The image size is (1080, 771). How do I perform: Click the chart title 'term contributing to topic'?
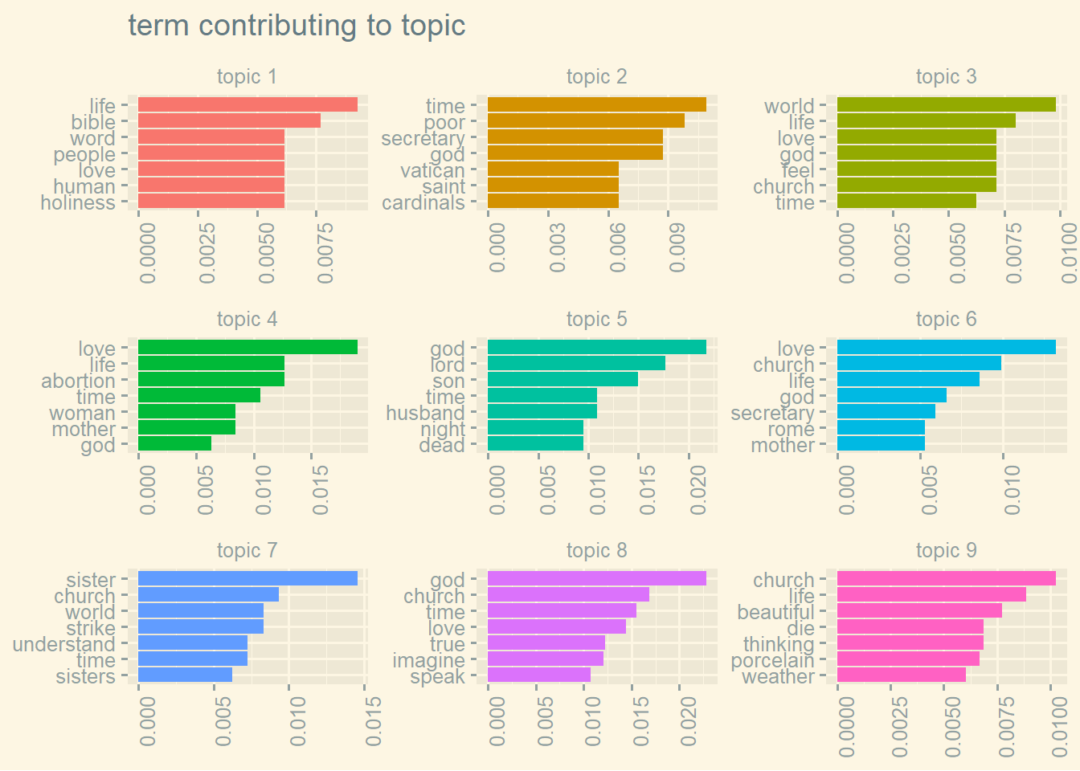297,26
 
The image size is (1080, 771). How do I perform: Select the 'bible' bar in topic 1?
229,121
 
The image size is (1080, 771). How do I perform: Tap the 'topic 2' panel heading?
596,77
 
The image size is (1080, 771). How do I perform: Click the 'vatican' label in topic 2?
432,170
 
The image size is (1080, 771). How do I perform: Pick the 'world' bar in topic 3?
946,105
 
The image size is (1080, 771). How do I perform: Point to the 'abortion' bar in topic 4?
211,380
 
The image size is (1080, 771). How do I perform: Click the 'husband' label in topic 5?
425,413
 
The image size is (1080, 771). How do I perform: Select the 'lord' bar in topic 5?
576,364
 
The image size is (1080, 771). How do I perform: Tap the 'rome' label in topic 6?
791,429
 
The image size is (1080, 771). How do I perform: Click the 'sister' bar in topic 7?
247,579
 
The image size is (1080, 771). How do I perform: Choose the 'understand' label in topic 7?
63,644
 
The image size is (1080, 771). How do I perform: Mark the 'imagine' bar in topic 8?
545,659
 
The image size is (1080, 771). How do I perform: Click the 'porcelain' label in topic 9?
772,660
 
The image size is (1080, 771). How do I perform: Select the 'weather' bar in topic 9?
901,675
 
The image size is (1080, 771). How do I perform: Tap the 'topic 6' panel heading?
946,320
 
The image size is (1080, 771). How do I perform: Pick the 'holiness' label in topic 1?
78,202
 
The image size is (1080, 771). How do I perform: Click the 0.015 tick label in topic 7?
371,721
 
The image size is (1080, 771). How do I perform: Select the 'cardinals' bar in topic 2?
553,202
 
